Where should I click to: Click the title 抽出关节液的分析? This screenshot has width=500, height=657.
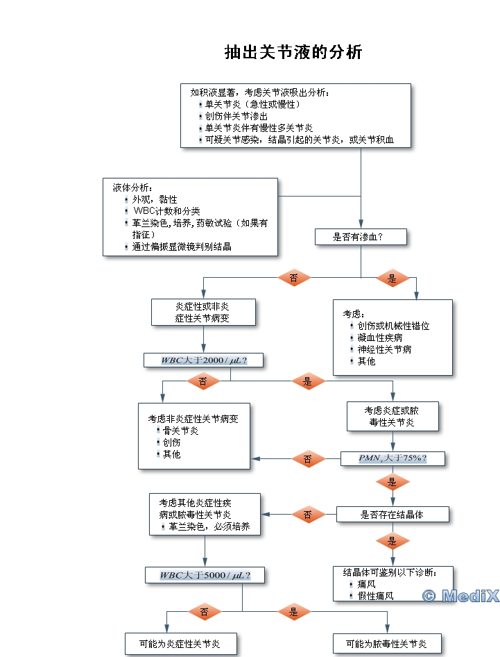click(293, 53)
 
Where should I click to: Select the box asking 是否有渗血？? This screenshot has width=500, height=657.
click(361, 237)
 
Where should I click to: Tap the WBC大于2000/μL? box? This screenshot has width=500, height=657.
click(205, 360)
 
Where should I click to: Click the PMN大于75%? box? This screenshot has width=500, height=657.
click(393, 458)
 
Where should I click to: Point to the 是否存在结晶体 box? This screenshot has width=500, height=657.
click(393, 515)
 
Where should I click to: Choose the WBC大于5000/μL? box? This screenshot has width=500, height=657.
click(205, 575)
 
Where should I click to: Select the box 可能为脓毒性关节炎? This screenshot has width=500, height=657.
click(388, 644)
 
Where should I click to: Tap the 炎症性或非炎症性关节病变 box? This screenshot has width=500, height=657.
click(203, 313)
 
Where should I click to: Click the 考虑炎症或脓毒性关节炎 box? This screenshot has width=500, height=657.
click(393, 416)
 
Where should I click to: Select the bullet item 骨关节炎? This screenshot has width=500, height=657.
click(181, 431)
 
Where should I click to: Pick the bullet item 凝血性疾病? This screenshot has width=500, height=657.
click(380, 338)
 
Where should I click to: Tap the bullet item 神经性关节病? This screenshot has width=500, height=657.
click(385, 349)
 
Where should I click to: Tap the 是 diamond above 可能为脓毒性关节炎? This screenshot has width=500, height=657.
click(294, 612)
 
